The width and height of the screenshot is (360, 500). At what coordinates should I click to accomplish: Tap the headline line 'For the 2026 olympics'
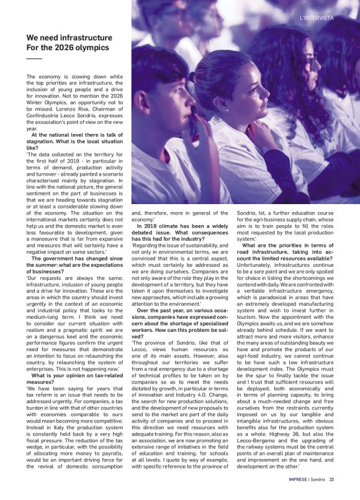coord(68,47)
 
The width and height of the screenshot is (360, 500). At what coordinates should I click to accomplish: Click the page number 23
coord(332,479)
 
